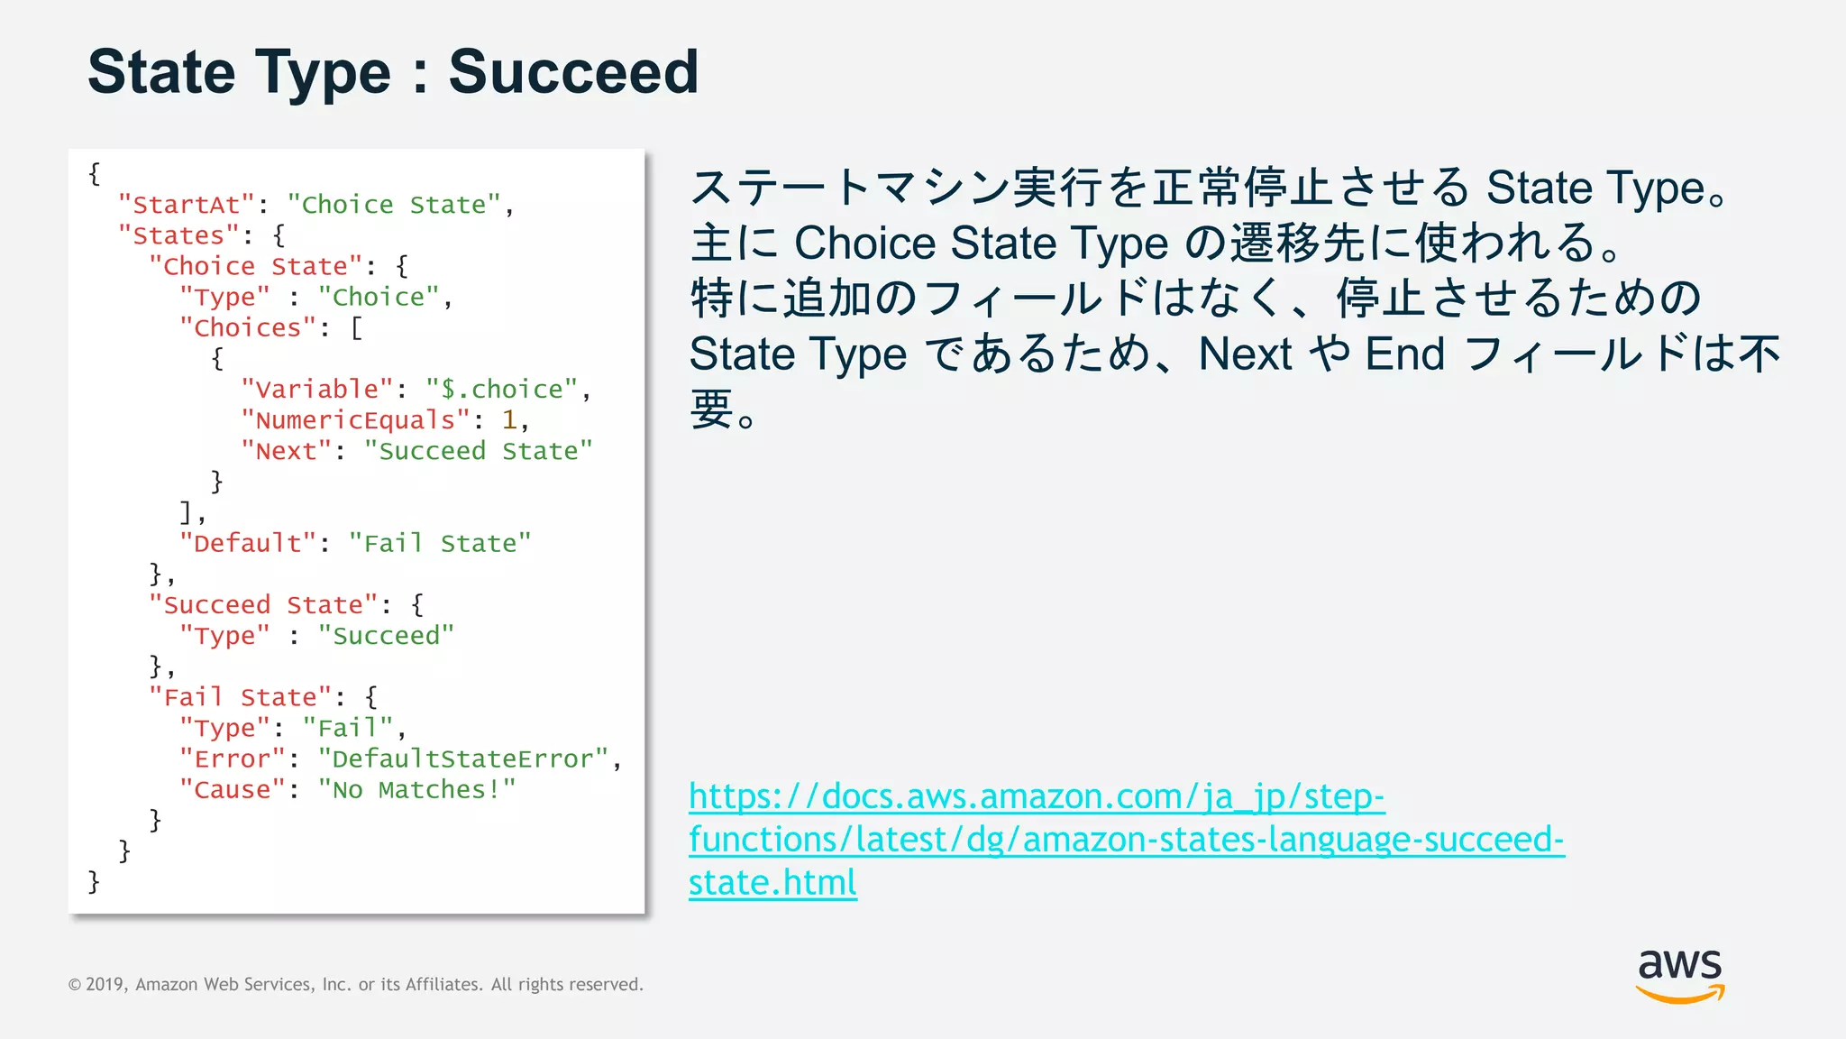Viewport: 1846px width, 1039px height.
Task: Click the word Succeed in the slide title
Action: tap(573, 72)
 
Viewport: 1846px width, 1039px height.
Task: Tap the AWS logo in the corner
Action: tap(1679, 975)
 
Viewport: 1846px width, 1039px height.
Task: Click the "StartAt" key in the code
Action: tap(187, 206)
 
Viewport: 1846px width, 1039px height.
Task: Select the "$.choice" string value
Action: tap(502, 390)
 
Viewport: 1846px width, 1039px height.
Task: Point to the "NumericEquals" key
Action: tap(355, 420)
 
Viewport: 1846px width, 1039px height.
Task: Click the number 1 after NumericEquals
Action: tap(509, 420)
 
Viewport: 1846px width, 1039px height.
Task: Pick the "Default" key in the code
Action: tap(248, 544)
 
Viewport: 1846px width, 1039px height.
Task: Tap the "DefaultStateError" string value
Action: tap(463, 759)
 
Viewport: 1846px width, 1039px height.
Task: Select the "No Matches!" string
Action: tap(416, 790)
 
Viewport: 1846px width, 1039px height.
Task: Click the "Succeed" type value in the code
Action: tap(386, 636)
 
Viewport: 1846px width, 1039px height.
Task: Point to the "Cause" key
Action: tap(233, 790)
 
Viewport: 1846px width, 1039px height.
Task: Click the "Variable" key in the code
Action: tap(317, 390)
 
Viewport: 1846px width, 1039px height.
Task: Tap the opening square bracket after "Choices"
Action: tap(357, 328)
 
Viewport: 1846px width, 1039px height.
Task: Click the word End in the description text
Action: tap(1404, 354)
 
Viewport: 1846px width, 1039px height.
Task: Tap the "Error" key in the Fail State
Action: tap(233, 759)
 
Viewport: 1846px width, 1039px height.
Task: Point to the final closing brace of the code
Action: tap(94, 882)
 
